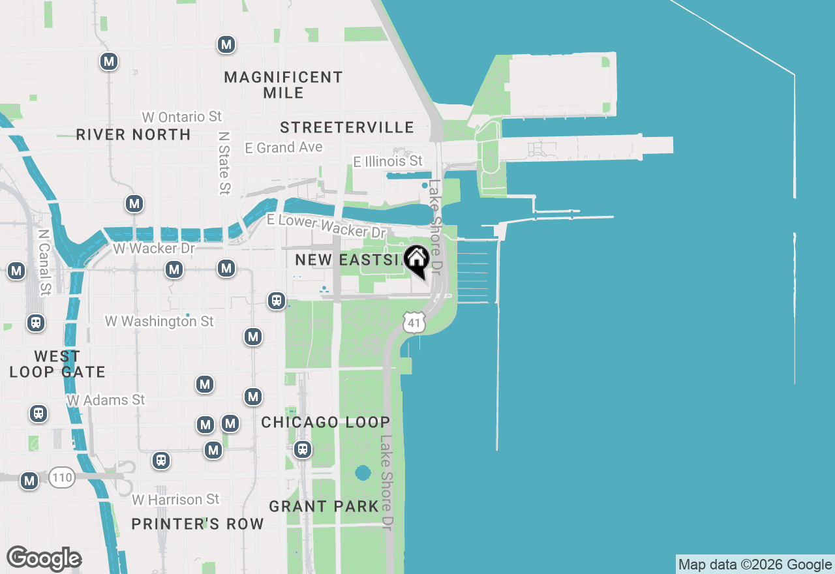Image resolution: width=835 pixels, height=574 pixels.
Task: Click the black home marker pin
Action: (x=416, y=260)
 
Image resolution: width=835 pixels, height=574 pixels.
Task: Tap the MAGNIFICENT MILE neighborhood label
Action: (x=283, y=85)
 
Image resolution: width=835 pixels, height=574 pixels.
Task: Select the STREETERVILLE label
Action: (x=346, y=127)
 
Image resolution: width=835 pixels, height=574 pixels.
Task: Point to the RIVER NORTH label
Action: (x=133, y=135)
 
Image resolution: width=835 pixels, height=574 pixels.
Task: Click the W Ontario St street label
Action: (x=182, y=117)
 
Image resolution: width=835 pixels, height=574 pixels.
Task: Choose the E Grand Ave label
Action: (x=284, y=148)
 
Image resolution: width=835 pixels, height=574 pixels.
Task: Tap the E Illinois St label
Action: (x=387, y=161)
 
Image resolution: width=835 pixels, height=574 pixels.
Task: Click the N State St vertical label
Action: (x=224, y=162)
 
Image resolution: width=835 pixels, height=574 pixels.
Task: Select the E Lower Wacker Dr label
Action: (x=326, y=226)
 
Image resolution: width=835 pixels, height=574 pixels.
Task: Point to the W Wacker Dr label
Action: (x=154, y=249)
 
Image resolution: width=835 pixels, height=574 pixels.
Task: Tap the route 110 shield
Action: (x=62, y=478)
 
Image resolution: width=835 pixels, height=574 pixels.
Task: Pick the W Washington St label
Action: (x=159, y=322)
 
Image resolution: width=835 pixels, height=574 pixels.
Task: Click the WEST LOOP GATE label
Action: (x=57, y=364)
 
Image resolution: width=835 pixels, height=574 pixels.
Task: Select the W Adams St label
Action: (x=106, y=399)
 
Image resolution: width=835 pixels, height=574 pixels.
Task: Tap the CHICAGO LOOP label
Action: (x=326, y=423)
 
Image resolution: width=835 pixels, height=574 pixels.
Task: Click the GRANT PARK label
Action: (x=324, y=506)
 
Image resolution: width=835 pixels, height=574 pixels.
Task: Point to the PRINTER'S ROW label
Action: (x=198, y=524)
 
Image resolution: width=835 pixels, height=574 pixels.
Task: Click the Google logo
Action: (x=44, y=559)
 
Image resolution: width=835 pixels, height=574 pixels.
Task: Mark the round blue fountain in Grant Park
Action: (x=363, y=472)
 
